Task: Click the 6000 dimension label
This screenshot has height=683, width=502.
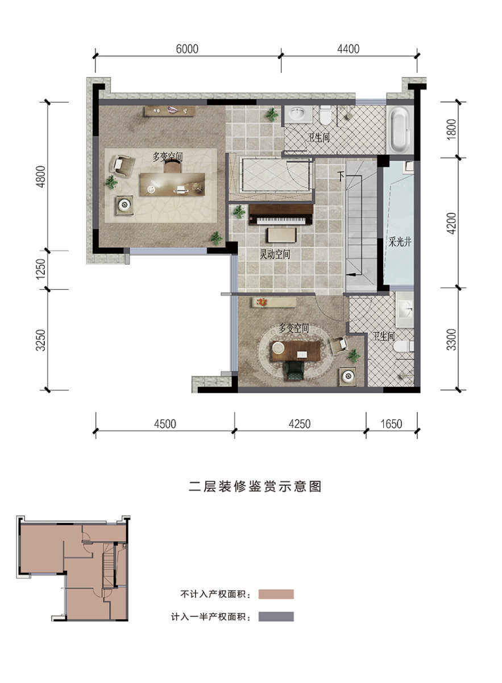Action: tap(187, 49)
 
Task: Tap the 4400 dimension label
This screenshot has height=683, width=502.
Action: tap(348, 49)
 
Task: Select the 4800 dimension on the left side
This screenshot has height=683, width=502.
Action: tap(41, 176)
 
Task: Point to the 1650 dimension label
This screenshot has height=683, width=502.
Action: tap(391, 424)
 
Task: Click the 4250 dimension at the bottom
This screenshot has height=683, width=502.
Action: tap(300, 424)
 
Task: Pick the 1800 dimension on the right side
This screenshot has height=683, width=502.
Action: tap(452, 129)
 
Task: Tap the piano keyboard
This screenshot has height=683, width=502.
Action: tap(280, 220)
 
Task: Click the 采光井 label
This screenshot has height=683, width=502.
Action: tap(400, 242)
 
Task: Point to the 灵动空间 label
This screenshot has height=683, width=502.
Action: tap(275, 254)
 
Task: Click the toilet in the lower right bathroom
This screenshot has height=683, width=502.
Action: tap(403, 347)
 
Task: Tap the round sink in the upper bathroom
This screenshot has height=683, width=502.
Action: tap(298, 114)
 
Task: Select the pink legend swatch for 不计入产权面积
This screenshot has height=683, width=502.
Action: tap(276, 594)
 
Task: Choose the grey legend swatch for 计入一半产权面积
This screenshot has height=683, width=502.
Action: tap(276, 616)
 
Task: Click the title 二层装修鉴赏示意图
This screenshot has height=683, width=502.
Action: tap(255, 486)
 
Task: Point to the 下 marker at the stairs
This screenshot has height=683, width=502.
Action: tap(341, 176)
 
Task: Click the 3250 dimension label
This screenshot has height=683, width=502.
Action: tap(41, 340)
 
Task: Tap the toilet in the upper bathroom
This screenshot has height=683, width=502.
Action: tap(325, 115)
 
